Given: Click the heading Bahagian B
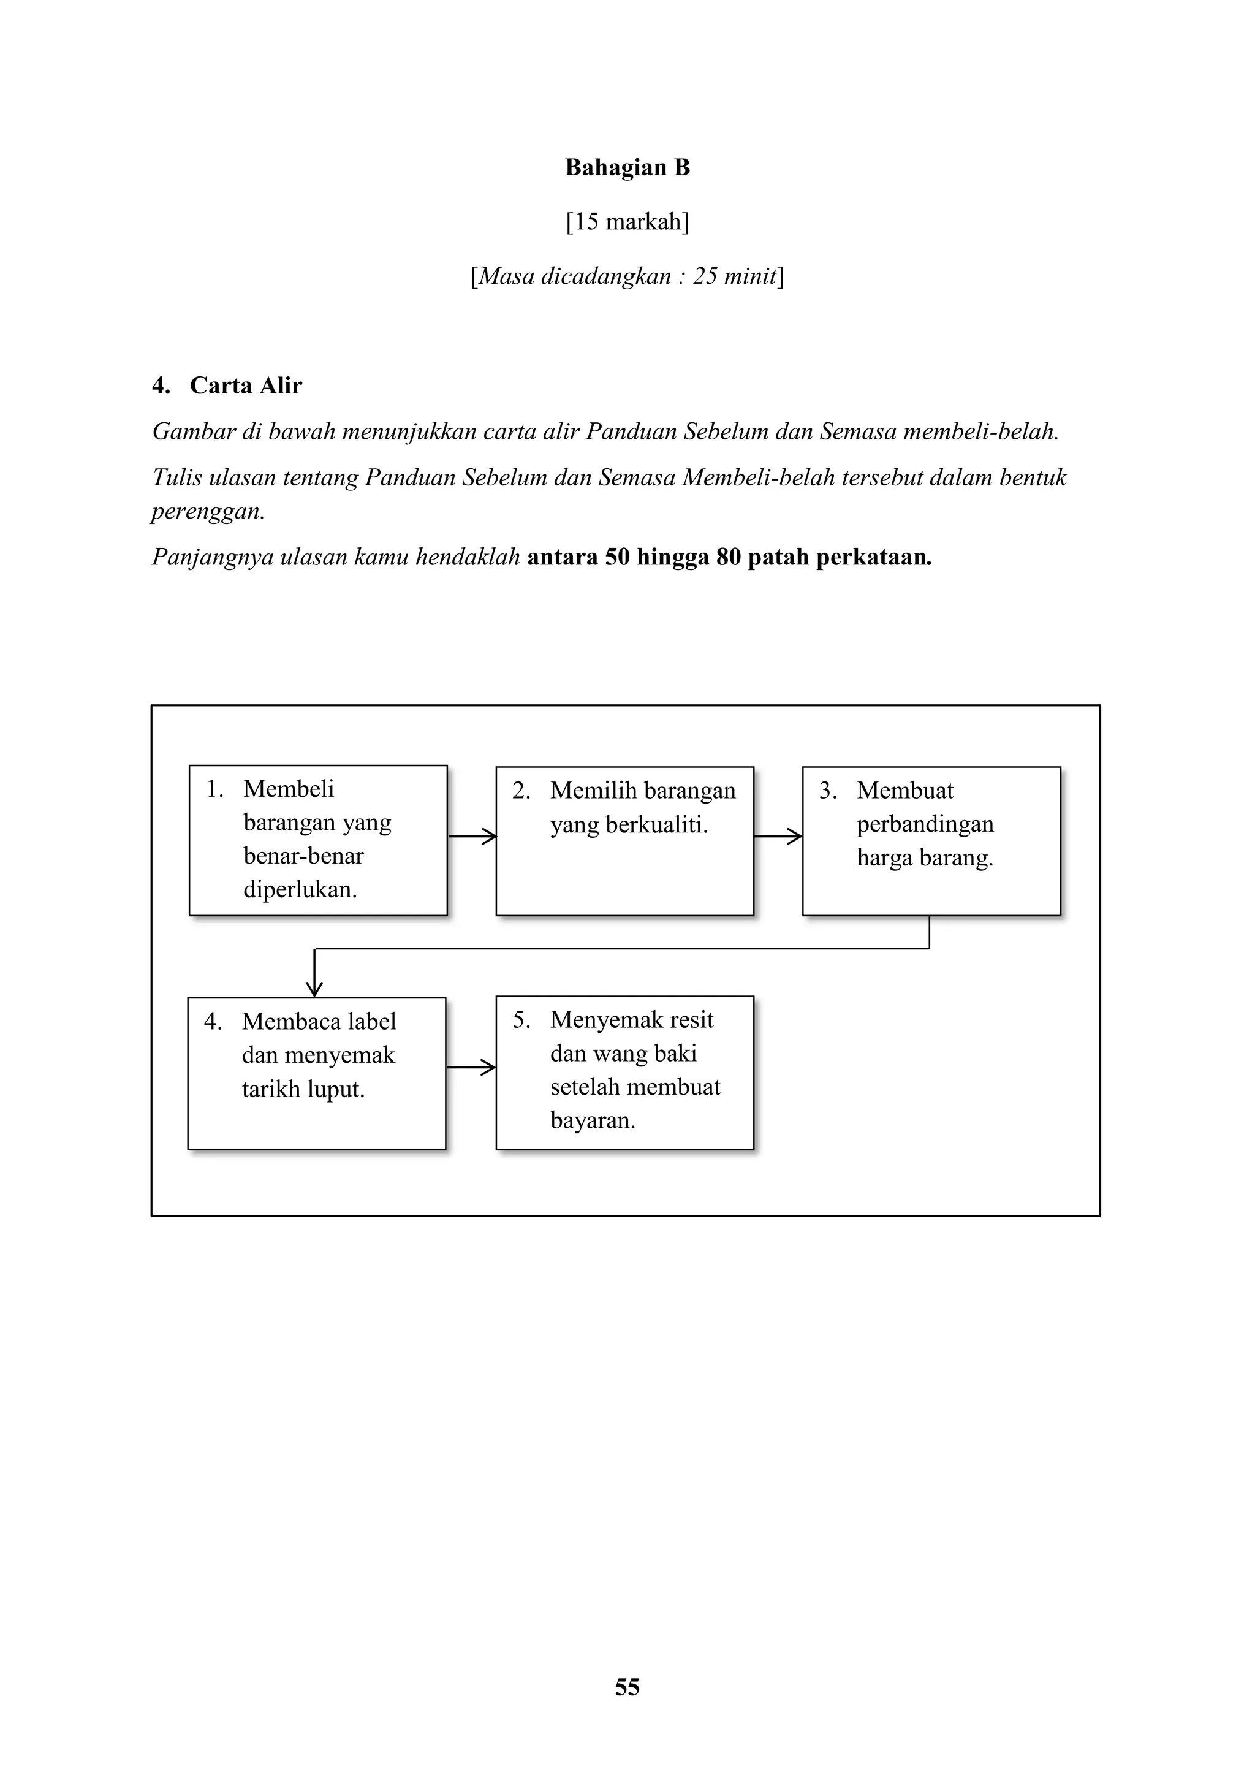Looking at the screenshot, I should [627, 168].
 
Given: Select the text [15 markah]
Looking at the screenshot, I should [627, 222].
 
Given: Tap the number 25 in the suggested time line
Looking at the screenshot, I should [704, 276].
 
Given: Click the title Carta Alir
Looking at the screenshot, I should [246, 385].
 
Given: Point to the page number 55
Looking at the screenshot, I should [627, 1687].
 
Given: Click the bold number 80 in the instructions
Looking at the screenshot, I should [728, 557].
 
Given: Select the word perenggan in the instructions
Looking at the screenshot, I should [207, 512].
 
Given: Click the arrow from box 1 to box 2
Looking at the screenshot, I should [471, 835].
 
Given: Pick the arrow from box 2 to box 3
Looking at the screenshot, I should [778, 835].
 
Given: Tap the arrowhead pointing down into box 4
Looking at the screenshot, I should [314, 987].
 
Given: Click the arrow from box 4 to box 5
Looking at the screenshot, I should [471, 1068].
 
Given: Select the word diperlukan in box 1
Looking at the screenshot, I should [300, 890].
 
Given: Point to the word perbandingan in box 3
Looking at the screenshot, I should [925, 824].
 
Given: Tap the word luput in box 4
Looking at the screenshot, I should [334, 1089].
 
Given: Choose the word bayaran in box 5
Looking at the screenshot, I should [592, 1120].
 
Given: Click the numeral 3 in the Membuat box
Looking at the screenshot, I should [826, 790].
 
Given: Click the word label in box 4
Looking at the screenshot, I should [372, 1021].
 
